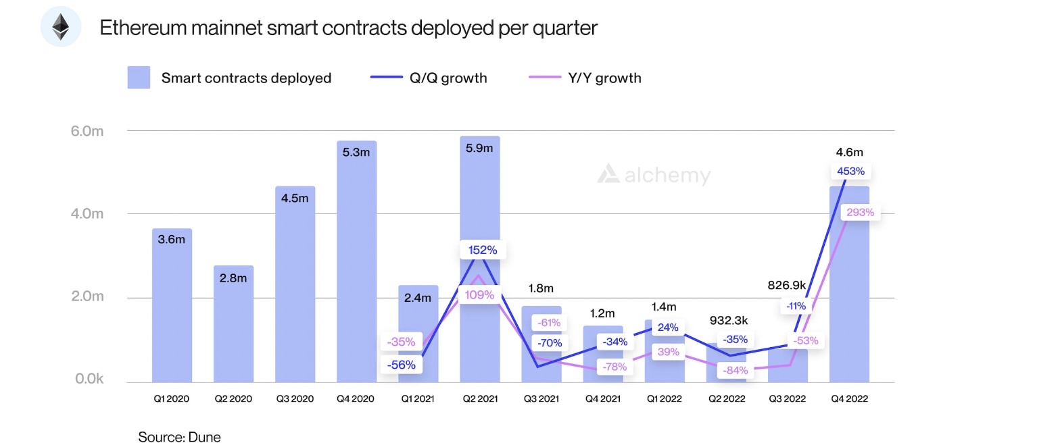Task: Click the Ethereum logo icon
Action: [x=61, y=27]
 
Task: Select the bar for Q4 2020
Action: [x=356, y=263]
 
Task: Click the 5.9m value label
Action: [x=480, y=149]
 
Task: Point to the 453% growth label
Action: [x=850, y=171]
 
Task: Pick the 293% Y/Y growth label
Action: [x=860, y=212]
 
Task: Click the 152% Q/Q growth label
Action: [x=483, y=250]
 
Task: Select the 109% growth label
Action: [x=479, y=294]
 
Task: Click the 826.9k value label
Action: [x=788, y=285]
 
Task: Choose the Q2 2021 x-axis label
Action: [x=480, y=398]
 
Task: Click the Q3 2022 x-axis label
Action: [x=788, y=398]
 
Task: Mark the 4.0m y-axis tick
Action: [x=87, y=214]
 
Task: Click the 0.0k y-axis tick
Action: [x=89, y=379]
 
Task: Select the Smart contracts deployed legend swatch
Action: [x=139, y=78]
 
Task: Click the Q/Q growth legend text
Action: [x=448, y=78]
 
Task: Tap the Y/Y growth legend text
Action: [x=604, y=78]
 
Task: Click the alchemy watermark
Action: [x=654, y=175]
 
